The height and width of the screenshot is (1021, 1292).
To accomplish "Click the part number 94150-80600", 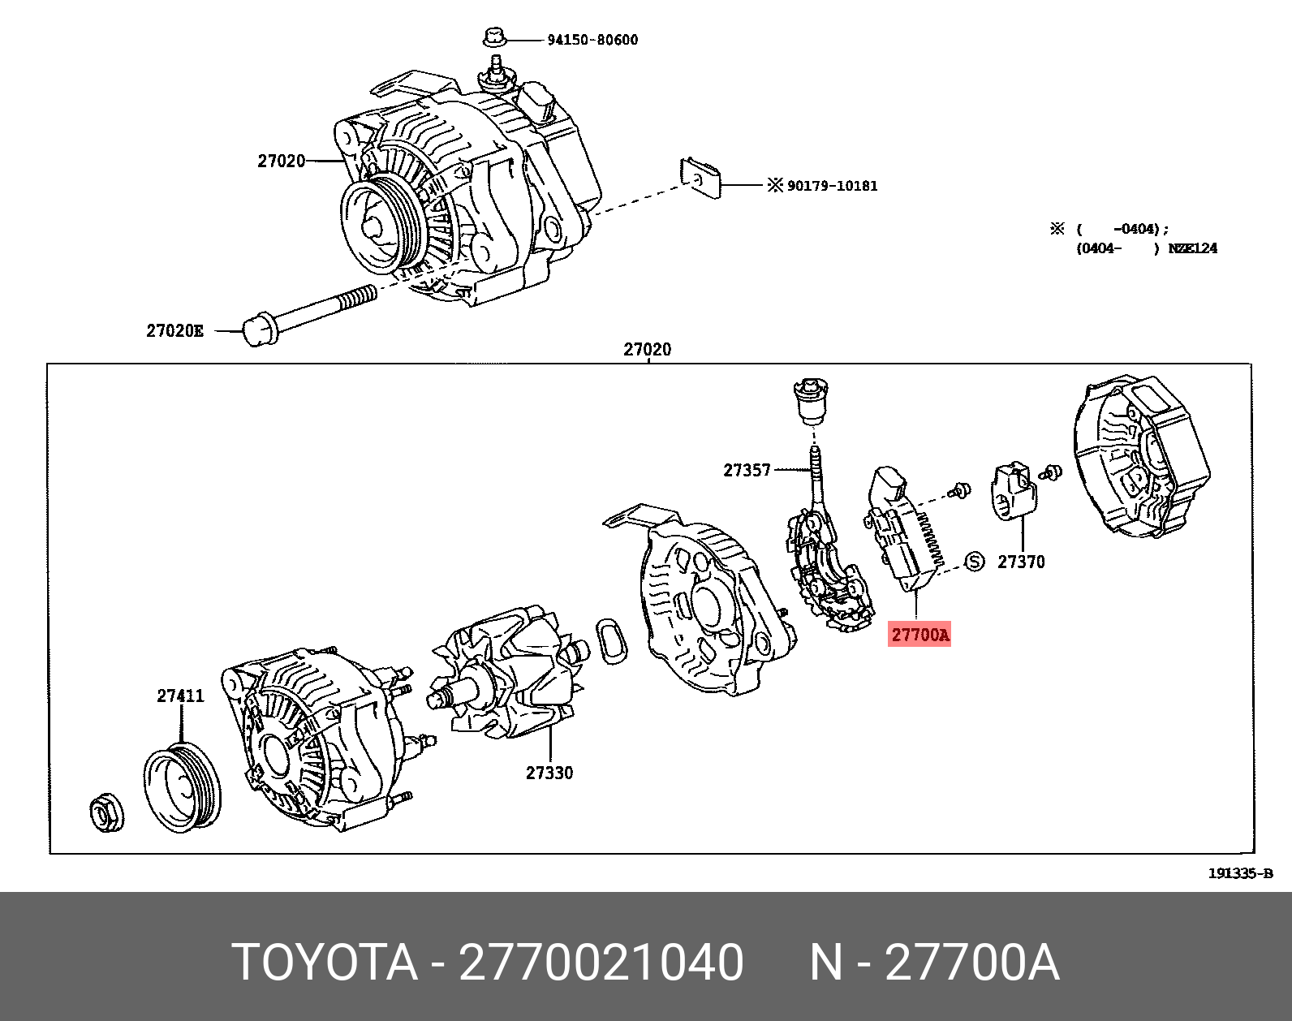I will [592, 40].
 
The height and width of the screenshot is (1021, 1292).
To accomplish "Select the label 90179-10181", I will [832, 186].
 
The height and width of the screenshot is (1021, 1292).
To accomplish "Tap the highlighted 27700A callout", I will [919, 634].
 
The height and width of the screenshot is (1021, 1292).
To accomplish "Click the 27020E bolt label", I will [174, 330].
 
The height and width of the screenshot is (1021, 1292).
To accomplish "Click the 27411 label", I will [180, 696].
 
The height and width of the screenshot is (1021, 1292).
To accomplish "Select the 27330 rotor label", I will [549, 773].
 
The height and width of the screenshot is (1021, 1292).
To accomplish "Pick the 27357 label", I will [747, 470].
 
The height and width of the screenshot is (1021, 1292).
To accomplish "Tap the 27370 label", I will [1021, 562].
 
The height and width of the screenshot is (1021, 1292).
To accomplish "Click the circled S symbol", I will [974, 562].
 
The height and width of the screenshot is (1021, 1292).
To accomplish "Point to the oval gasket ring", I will [612, 640].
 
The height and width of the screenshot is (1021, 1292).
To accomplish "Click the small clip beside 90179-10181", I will [700, 178].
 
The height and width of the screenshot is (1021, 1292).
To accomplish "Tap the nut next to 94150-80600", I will [493, 37].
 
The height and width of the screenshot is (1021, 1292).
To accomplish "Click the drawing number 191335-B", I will [1240, 873].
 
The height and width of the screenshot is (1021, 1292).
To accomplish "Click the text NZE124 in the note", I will [1192, 248].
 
